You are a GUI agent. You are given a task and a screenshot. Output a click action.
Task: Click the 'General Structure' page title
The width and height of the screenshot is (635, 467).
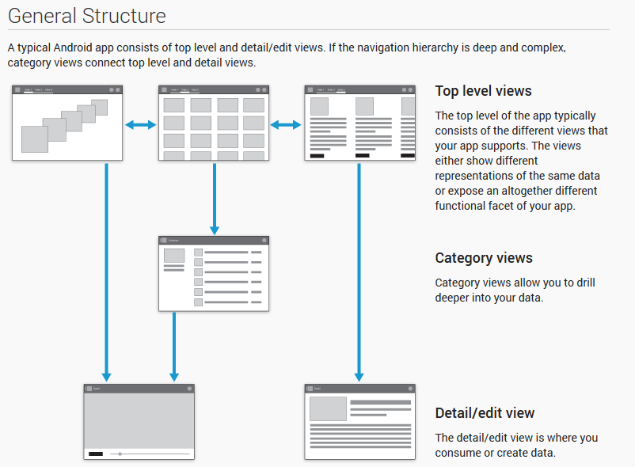[x=87, y=16]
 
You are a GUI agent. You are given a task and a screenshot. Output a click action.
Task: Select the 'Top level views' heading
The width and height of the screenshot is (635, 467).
[x=483, y=91]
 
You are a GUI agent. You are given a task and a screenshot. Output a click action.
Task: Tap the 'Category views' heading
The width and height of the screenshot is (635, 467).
[x=484, y=258]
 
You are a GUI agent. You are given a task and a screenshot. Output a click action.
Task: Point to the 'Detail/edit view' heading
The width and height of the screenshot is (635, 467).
[x=485, y=413]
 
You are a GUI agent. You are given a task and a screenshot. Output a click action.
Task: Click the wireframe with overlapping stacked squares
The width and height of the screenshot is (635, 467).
[x=67, y=123]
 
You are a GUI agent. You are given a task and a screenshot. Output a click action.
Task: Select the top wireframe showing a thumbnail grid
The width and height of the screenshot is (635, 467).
[x=214, y=123]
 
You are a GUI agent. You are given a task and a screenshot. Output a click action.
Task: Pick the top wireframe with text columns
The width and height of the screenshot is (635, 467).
[x=359, y=123]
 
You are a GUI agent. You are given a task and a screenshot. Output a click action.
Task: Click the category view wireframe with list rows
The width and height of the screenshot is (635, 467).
[x=214, y=273]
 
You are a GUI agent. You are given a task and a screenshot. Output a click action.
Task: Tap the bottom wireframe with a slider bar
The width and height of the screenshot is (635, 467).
[x=139, y=421]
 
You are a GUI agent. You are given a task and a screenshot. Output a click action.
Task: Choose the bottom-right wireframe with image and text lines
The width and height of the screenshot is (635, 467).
[x=359, y=421]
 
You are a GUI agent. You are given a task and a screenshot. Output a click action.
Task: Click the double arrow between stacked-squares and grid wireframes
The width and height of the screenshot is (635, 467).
[x=141, y=124]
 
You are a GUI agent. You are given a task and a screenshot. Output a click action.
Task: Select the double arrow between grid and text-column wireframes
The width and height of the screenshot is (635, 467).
[x=287, y=124]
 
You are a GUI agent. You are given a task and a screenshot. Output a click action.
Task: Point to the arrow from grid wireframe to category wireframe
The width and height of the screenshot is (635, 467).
[x=214, y=198]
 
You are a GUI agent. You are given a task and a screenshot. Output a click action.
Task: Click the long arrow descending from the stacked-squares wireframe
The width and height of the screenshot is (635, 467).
[x=107, y=269]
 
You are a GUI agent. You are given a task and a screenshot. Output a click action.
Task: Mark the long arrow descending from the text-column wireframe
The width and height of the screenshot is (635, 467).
[x=359, y=269]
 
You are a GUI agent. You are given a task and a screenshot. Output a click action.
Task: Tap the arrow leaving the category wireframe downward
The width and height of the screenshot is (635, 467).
[x=174, y=344]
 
